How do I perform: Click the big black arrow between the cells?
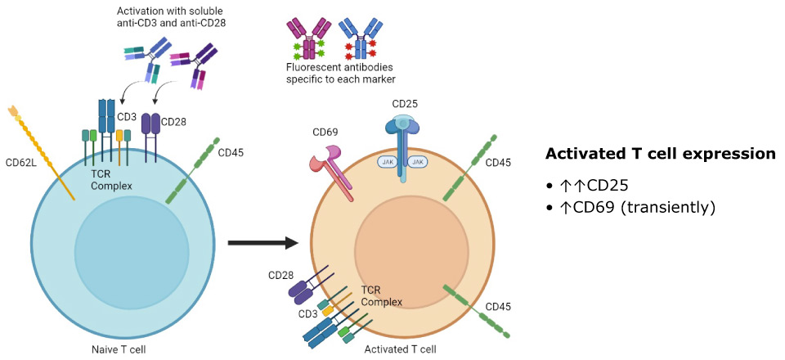point(261,242)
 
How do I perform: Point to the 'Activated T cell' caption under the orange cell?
point(400,349)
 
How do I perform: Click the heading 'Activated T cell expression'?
point(660,154)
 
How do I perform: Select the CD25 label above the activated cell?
point(406,104)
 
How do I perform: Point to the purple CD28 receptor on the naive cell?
point(151,124)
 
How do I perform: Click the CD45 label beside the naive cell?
point(231,151)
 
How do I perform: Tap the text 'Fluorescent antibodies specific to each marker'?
point(340,73)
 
